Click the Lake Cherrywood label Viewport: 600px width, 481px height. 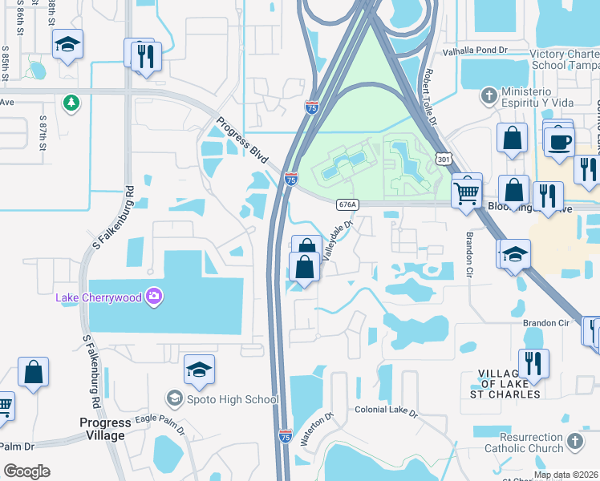(x=98, y=298)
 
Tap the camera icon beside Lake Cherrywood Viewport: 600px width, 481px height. (x=154, y=298)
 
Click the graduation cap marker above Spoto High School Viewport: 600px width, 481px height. (x=199, y=370)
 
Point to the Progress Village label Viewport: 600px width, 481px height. (x=102, y=429)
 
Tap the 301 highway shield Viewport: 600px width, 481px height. (x=443, y=160)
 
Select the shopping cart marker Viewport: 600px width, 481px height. (x=466, y=191)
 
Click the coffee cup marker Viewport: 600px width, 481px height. (x=559, y=142)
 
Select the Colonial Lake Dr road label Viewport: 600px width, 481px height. (x=387, y=410)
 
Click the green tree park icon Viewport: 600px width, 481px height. (x=71, y=102)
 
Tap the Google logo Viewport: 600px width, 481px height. (x=27, y=471)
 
